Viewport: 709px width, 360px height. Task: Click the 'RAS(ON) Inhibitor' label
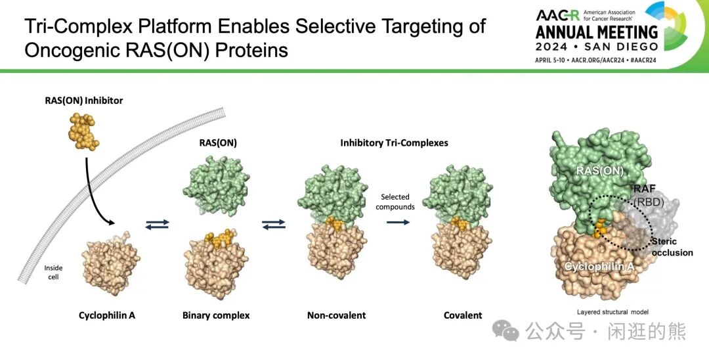click(83, 101)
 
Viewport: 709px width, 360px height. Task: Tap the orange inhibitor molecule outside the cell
click(83, 131)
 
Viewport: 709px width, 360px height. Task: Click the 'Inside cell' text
click(53, 272)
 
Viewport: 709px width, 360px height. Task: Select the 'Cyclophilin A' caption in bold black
click(107, 315)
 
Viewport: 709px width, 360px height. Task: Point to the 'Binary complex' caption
click(216, 315)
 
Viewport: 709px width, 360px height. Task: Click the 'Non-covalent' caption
click(336, 315)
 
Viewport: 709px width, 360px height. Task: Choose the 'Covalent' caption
click(463, 315)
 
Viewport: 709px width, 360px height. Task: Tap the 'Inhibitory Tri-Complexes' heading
click(395, 143)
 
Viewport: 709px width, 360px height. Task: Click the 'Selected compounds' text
click(395, 202)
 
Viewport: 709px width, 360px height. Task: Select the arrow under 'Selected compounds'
click(398, 222)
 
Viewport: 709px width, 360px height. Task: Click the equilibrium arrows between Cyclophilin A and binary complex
click(158, 224)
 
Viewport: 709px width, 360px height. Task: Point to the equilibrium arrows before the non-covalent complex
click(274, 224)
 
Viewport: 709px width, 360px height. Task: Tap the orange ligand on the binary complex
click(219, 238)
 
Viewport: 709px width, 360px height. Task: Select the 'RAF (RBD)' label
click(648, 195)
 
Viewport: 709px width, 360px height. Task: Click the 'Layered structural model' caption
click(612, 311)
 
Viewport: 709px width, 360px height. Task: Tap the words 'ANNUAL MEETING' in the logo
click(596, 33)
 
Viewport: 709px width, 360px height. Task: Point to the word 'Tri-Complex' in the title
click(77, 27)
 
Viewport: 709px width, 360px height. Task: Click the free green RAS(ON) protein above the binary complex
click(216, 185)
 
